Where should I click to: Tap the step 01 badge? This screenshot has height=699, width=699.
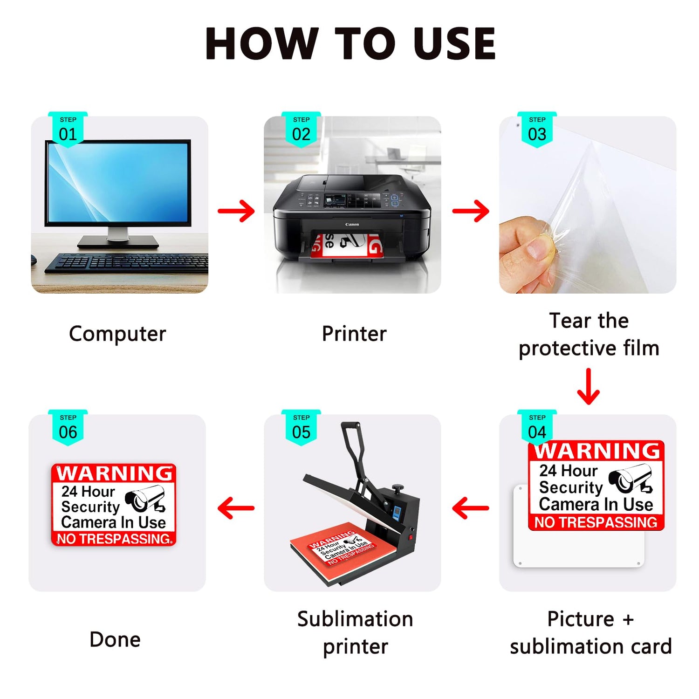(x=68, y=130)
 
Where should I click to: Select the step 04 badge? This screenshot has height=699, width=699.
(x=537, y=427)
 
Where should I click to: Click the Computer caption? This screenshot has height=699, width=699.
(x=117, y=334)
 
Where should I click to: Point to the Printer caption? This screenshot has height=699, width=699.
(x=354, y=334)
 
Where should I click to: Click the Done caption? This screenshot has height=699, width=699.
(x=115, y=639)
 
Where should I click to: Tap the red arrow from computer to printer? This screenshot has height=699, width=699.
(x=236, y=211)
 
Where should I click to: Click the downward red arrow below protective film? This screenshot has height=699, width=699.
(x=589, y=386)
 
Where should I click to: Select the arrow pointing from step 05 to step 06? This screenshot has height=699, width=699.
(x=236, y=508)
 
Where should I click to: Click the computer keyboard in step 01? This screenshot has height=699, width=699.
(x=126, y=263)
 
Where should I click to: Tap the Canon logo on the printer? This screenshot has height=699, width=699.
(x=352, y=225)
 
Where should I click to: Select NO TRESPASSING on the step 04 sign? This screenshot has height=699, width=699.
(x=596, y=522)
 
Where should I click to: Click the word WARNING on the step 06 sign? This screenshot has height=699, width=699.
(x=115, y=473)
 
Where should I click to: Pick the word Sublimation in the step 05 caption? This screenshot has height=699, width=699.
(x=355, y=619)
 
